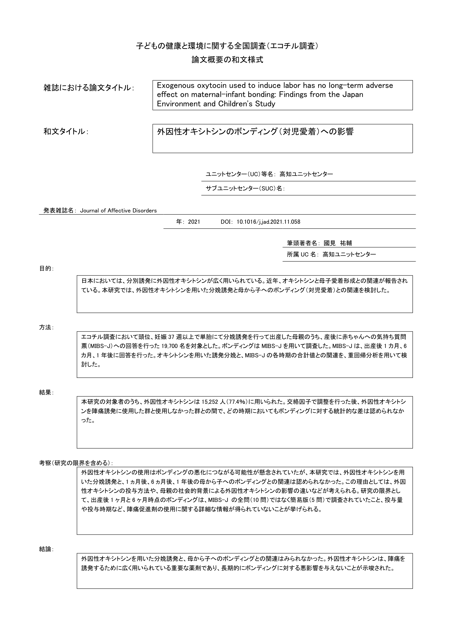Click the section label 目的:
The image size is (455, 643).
[46, 269]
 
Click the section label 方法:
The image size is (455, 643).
[46, 327]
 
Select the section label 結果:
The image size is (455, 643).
[46, 393]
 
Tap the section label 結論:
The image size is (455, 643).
[46, 550]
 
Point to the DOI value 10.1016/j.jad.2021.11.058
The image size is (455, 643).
[268, 222]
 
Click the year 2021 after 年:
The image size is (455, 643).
[194, 222]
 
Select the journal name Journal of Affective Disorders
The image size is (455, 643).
[118, 211]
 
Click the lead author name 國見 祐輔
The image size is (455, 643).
[338, 243]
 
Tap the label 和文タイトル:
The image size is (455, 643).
[66, 132]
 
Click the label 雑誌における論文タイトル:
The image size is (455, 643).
[89, 88]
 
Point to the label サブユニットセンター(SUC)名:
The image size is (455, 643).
[245, 189]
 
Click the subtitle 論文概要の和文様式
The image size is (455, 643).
[227, 60]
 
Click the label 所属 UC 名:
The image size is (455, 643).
[303, 255]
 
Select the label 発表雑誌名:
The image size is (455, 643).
[60, 211]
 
